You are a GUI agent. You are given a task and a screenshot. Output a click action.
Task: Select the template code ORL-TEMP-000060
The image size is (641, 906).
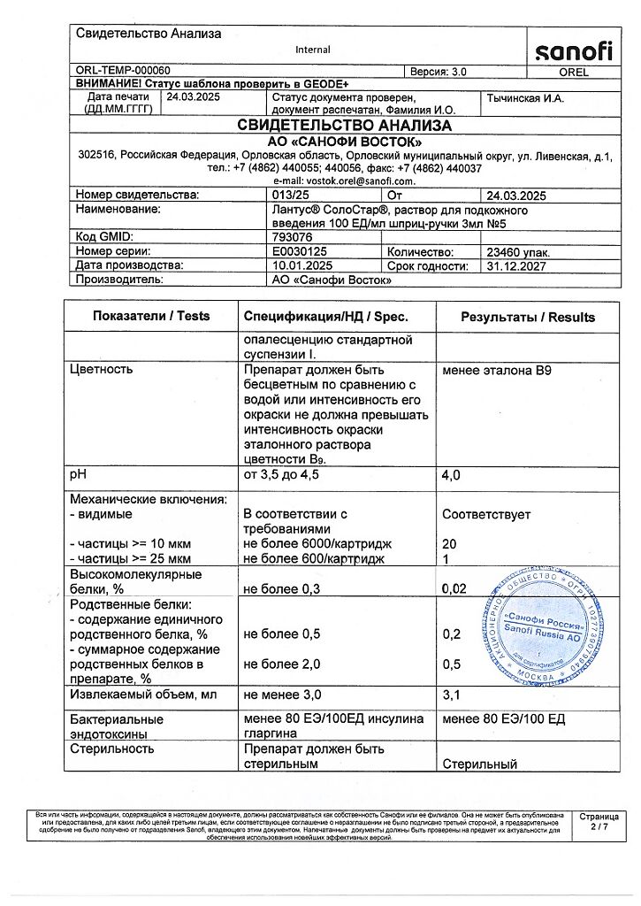(124, 71)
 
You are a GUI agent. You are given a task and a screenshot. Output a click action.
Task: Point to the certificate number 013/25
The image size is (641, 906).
(292, 196)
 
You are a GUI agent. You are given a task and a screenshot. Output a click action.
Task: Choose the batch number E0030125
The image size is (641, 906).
(301, 252)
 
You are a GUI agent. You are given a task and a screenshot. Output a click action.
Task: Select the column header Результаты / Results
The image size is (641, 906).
(529, 317)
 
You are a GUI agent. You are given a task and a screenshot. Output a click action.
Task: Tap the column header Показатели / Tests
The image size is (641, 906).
(151, 317)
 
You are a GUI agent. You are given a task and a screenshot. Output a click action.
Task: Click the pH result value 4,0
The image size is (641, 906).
(452, 477)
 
